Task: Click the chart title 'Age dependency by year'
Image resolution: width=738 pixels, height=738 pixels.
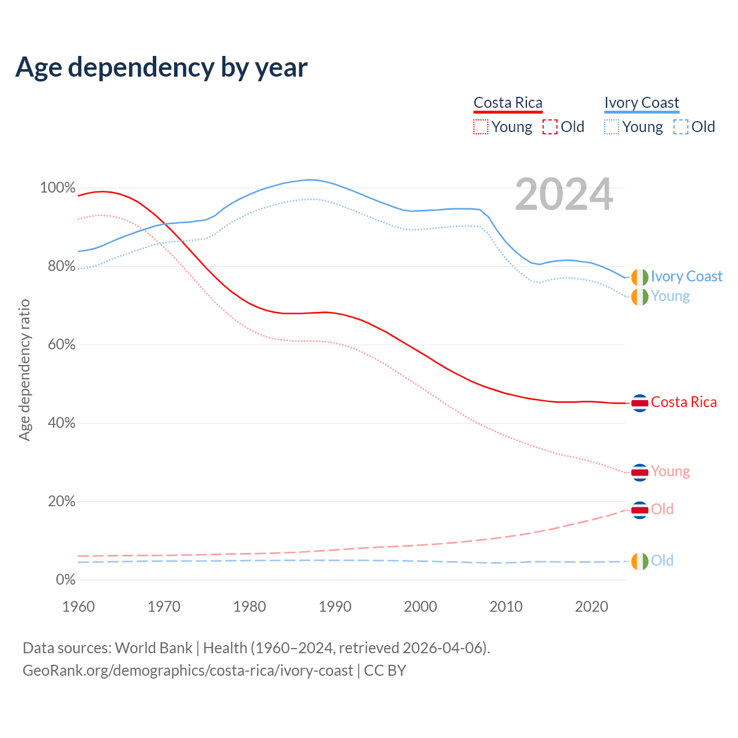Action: point(161,67)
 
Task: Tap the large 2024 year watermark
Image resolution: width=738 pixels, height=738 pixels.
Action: point(564,195)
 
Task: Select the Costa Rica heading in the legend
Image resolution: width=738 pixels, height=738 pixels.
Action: point(508,103)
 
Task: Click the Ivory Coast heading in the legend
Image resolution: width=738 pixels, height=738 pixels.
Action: point(642,103)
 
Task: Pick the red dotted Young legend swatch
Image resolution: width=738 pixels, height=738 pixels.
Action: point(481,127)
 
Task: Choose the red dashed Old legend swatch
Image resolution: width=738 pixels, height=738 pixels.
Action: point(550,127)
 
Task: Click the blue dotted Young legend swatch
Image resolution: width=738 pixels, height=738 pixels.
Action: point(612,127)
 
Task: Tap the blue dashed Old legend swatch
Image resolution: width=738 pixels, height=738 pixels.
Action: point(681,127)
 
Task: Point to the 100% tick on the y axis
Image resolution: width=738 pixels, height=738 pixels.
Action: point(58,188)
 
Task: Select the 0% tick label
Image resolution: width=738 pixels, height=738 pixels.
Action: point(65,579)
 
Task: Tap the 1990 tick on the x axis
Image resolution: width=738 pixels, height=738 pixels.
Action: point(335,607)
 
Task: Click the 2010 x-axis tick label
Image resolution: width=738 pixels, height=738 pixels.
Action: point(506,607)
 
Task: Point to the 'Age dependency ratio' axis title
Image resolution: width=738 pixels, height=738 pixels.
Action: point(24,370)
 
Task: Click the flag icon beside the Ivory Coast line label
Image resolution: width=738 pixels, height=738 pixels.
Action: point(639,277)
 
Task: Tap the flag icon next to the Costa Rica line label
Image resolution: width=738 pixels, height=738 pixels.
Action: point(639,402)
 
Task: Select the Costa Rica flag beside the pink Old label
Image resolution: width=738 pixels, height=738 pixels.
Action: point(639,510)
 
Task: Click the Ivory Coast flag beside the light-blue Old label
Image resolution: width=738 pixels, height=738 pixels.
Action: point(639,561)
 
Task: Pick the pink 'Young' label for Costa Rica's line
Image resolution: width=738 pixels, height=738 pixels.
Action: point(670,472)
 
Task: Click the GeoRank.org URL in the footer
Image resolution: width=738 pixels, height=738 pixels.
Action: point(187,671)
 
